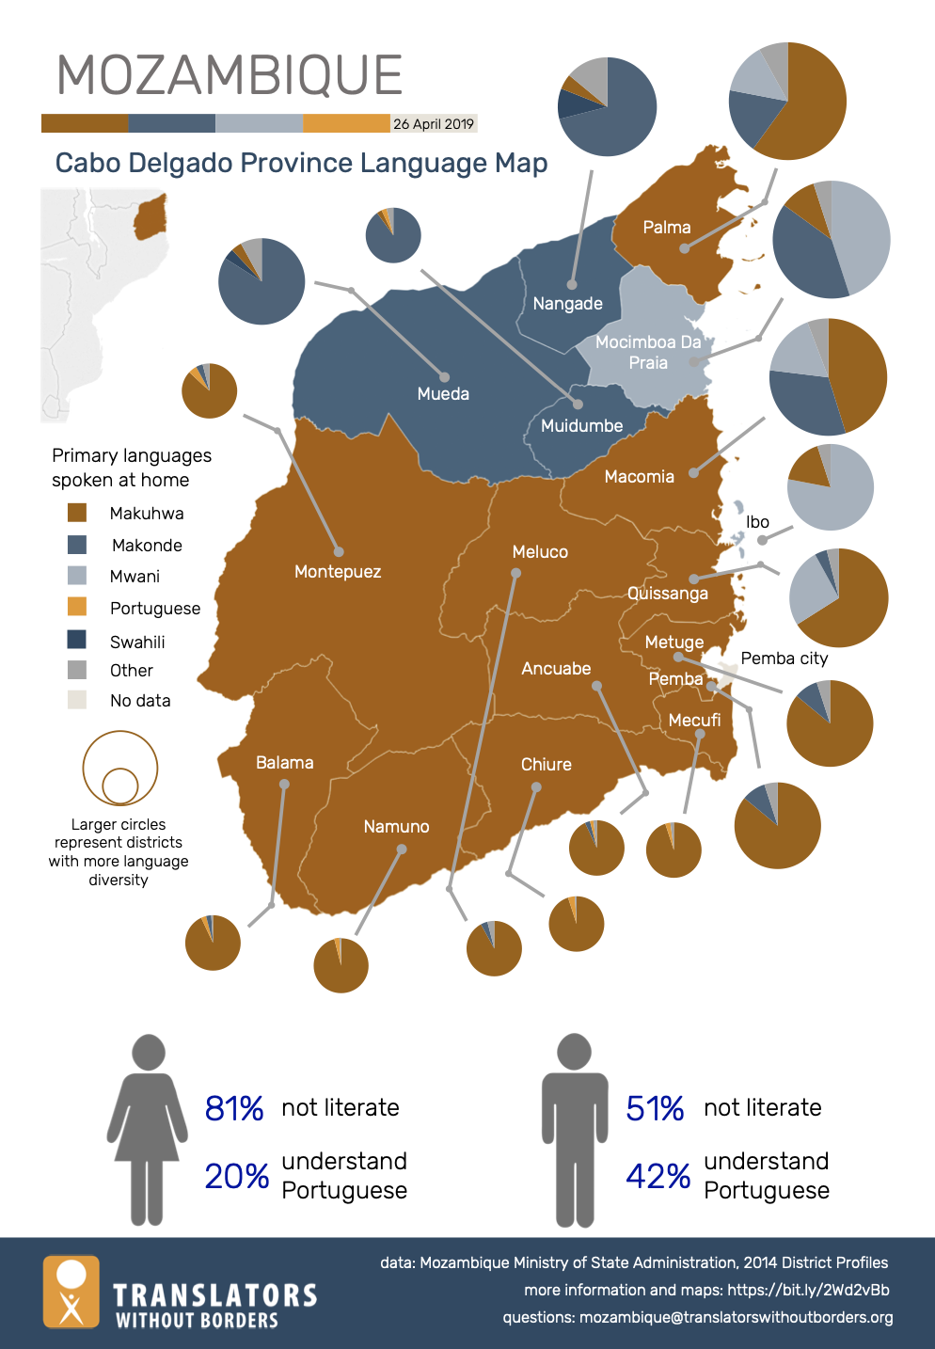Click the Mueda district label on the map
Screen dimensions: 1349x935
tap(443, 394)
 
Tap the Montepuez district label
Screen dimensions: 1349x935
tap(338, 572)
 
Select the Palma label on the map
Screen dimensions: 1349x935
tap(667, 228)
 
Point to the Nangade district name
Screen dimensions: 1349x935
tap(567, 304)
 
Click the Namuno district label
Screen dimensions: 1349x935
tap(396, 827)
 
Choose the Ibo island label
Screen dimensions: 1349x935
tap(757, 522)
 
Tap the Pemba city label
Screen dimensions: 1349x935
tap(784, 659)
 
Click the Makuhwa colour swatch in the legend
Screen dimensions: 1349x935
tap(77, 513)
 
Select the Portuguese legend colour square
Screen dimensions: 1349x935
tap(77, 608)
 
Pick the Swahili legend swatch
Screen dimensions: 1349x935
tap(77, 641)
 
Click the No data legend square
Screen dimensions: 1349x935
tap(77, 700)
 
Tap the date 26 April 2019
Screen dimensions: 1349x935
tap(434, 124)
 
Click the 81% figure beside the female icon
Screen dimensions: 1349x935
tap(234, 1108)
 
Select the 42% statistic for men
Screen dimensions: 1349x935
tap(658, 1176)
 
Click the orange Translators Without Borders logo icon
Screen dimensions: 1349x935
tap(71, 1292)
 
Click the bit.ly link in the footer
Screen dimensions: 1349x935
tap(808, 1290)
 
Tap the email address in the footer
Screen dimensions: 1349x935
tap(736, 1317)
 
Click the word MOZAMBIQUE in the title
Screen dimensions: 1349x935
tap(230, 75)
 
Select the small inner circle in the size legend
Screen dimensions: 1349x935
tap(120, 785)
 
